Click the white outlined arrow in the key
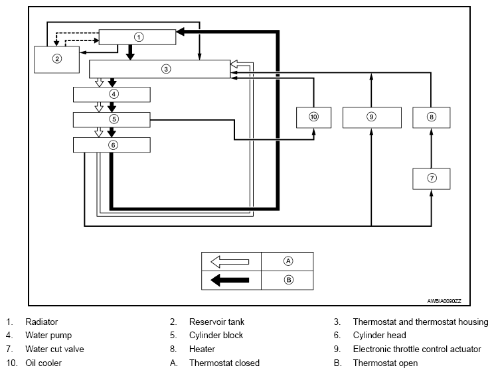point(230,262)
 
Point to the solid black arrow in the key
point(230,280)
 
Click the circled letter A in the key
point(288,261)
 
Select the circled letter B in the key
point(288,280)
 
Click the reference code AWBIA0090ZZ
point(444,301)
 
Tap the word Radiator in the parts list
point(42,322)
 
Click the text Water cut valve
point(55,349)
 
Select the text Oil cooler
point(43,363)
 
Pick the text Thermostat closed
point(224,363)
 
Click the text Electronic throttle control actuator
point(417,349)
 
